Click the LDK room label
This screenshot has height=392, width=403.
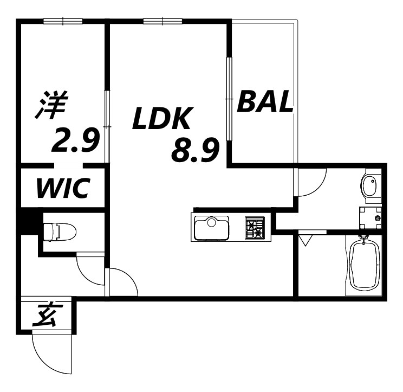[x=162, y=118]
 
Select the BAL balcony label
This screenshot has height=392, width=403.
[x=265, y=101]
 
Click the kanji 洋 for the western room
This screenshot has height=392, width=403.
[x=52, y=105]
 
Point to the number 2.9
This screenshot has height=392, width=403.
[x=76, y=140]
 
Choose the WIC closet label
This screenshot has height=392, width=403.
[x=64, y=188]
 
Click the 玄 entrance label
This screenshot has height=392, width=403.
[x=45, y=315]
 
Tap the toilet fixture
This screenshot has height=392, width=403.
[x=60, y=232]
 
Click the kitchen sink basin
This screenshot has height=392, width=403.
[x=212, y=228]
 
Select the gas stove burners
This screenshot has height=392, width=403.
[x=255, y=227]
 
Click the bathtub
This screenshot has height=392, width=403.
[x=365, y=265]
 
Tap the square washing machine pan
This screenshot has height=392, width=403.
[x=370, y=218]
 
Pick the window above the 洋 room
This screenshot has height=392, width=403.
[x=63, y=21]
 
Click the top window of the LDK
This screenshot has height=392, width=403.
[x=162, y=21]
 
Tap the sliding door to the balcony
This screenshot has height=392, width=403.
[x=229, y=99]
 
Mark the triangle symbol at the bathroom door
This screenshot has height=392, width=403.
[x=306, y=240]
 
